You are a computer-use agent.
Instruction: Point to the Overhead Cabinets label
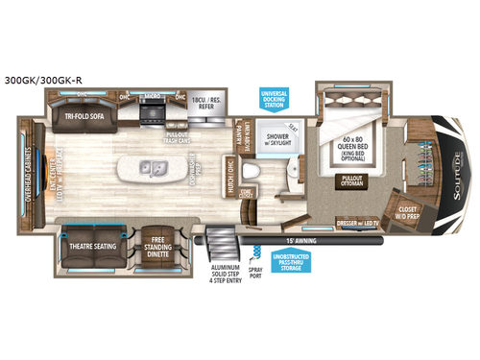tap(29, 179)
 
